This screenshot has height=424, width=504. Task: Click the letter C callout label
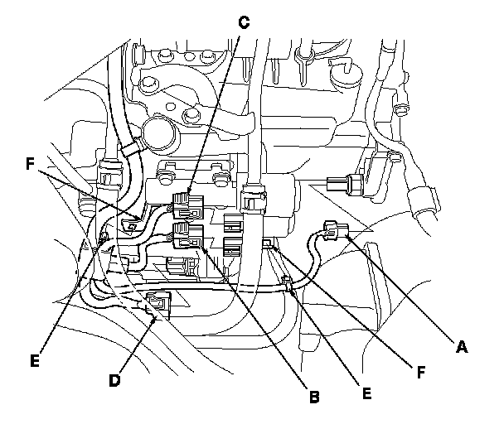pyautogui.click(x=243, y=22)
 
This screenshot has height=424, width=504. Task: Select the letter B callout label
pyautogui.click(x=313, y=397)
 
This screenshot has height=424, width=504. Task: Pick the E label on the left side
pyautogui.click(x=34, y=361)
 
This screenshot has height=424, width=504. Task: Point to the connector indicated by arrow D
pyautogui.click(x=157, y=305)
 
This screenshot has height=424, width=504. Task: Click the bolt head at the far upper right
pyautogui.click(x=402, y=109)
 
